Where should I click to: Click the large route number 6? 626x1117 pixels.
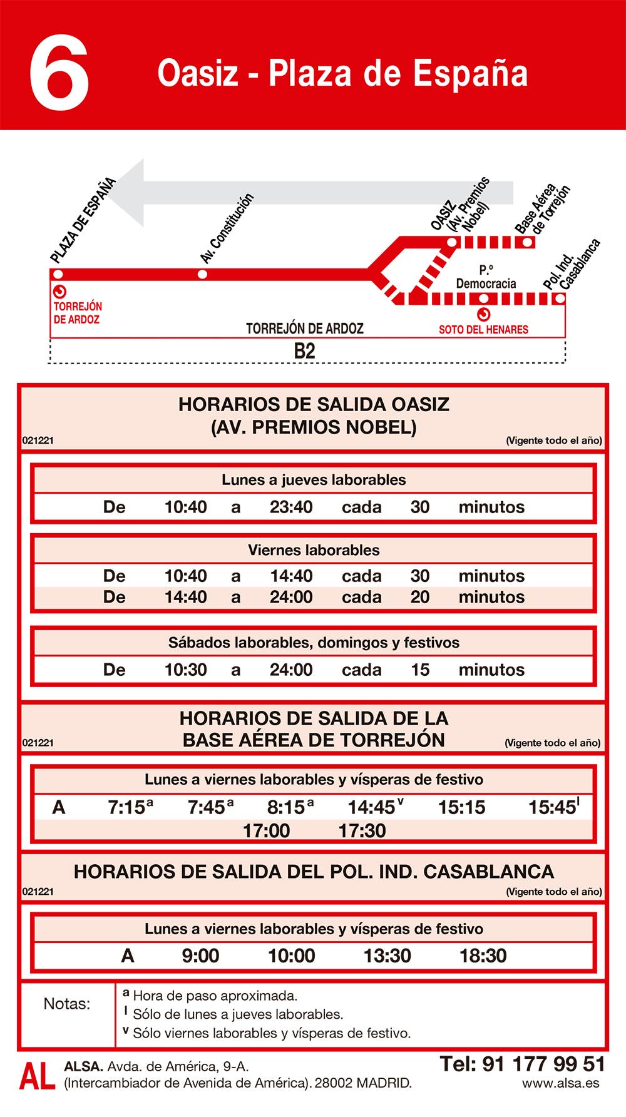(59, 73)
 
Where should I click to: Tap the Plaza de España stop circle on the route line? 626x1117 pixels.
(58, 274)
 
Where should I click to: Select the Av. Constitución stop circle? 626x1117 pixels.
(202, 274)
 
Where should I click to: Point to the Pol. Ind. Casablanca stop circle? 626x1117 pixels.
(560, 298)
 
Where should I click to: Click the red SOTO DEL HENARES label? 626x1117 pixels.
(483, 329)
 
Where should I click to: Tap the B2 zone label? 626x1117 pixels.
(305, 351)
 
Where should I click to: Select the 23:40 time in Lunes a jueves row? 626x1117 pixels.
(291, 507)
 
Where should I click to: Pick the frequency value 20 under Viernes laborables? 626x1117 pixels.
(420, 597)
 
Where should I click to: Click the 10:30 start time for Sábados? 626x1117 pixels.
(185, 670)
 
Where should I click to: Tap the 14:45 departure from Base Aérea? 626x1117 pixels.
(372, 807)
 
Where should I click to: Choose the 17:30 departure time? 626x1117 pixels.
(362, 831)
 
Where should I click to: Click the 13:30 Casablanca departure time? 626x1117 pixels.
(387, 956)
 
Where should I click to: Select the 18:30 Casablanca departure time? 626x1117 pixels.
(483, 956)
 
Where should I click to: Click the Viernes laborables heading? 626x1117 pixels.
(314, 550)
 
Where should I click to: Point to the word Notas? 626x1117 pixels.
(66, 1004)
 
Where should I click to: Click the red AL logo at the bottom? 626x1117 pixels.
(38, 1076)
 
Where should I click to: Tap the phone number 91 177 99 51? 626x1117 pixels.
(543, 1064)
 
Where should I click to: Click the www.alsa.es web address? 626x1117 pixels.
(560, 1083)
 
